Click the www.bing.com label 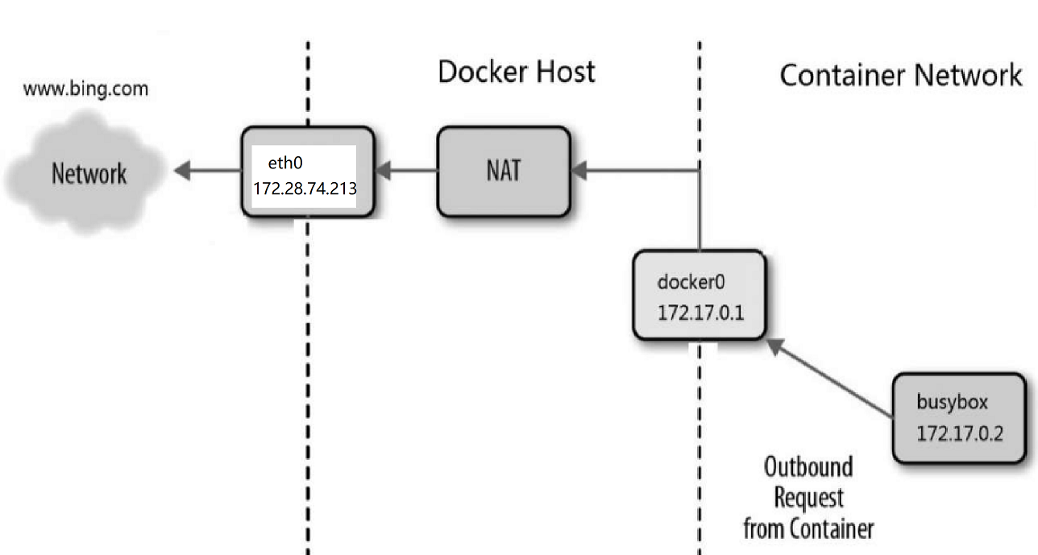click(x=85, y=89)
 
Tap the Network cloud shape click(x=89, y=174)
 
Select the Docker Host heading click(x=516, y=72)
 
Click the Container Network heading click(x=900, y=76)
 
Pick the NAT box click(x=503, y=171)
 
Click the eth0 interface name click(x=285, y=164)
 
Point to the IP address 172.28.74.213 click(x=305, y=188)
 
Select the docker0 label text click(x=691, y=282)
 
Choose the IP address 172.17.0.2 click(x=959, y=433)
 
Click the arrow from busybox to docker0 click(x=830, y=379)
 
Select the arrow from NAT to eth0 click(x=407, y=171)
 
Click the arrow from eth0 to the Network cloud click(x=208, y=171)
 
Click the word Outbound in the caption click(x=808, y=467)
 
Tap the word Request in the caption click(x=808, y=498)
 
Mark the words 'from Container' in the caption click(x=808, y=528)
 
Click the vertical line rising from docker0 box click(x=700, y=209)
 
